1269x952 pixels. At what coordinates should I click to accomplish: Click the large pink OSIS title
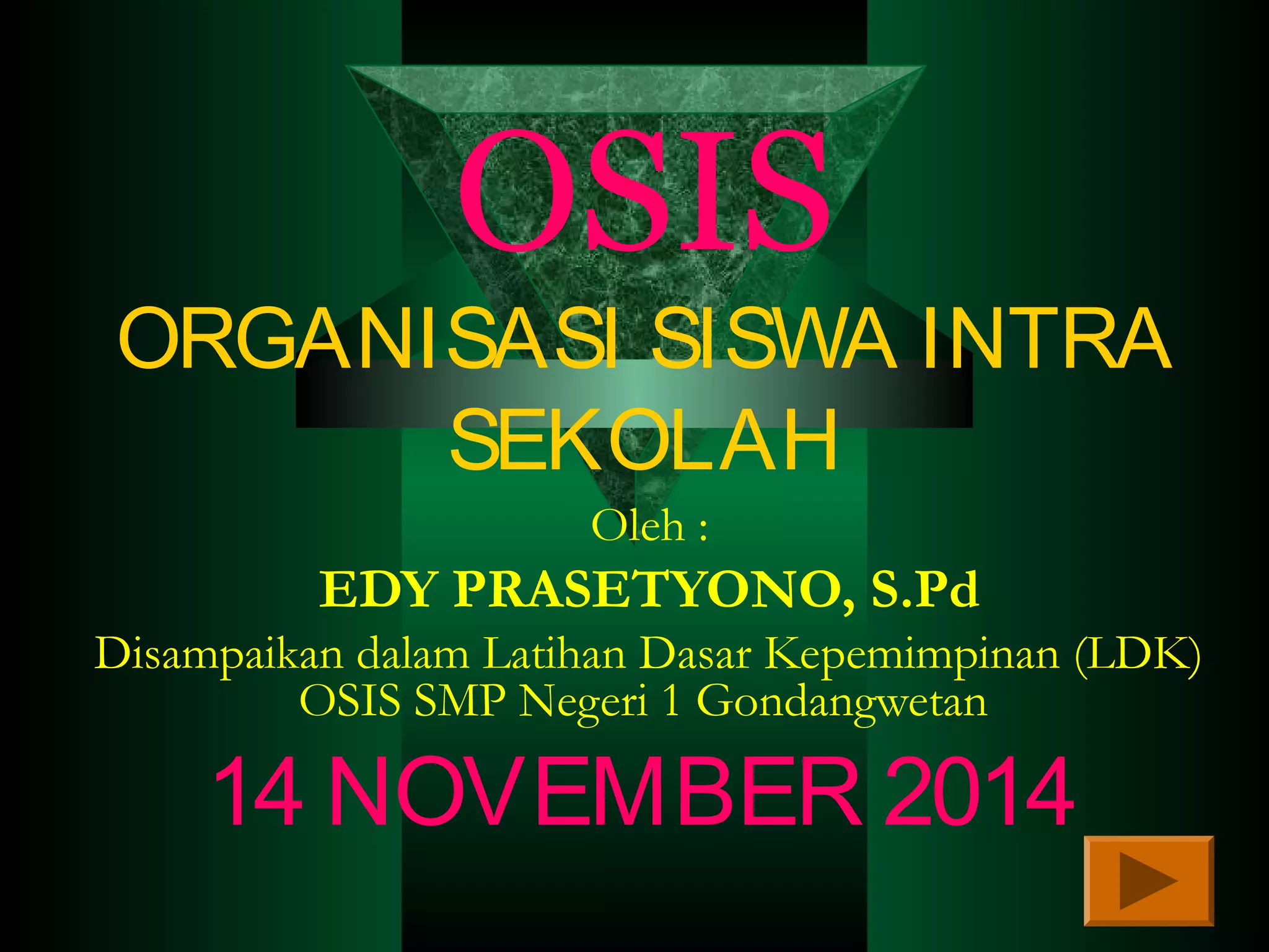[x=643, y=192]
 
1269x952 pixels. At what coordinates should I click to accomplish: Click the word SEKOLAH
[x=643, y=440]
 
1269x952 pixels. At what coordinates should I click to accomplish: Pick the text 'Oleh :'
[x=649, y=527]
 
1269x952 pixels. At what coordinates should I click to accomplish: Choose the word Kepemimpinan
[x=911, y=654]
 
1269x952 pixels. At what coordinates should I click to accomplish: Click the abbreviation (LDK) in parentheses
[x=1138, y=654]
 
